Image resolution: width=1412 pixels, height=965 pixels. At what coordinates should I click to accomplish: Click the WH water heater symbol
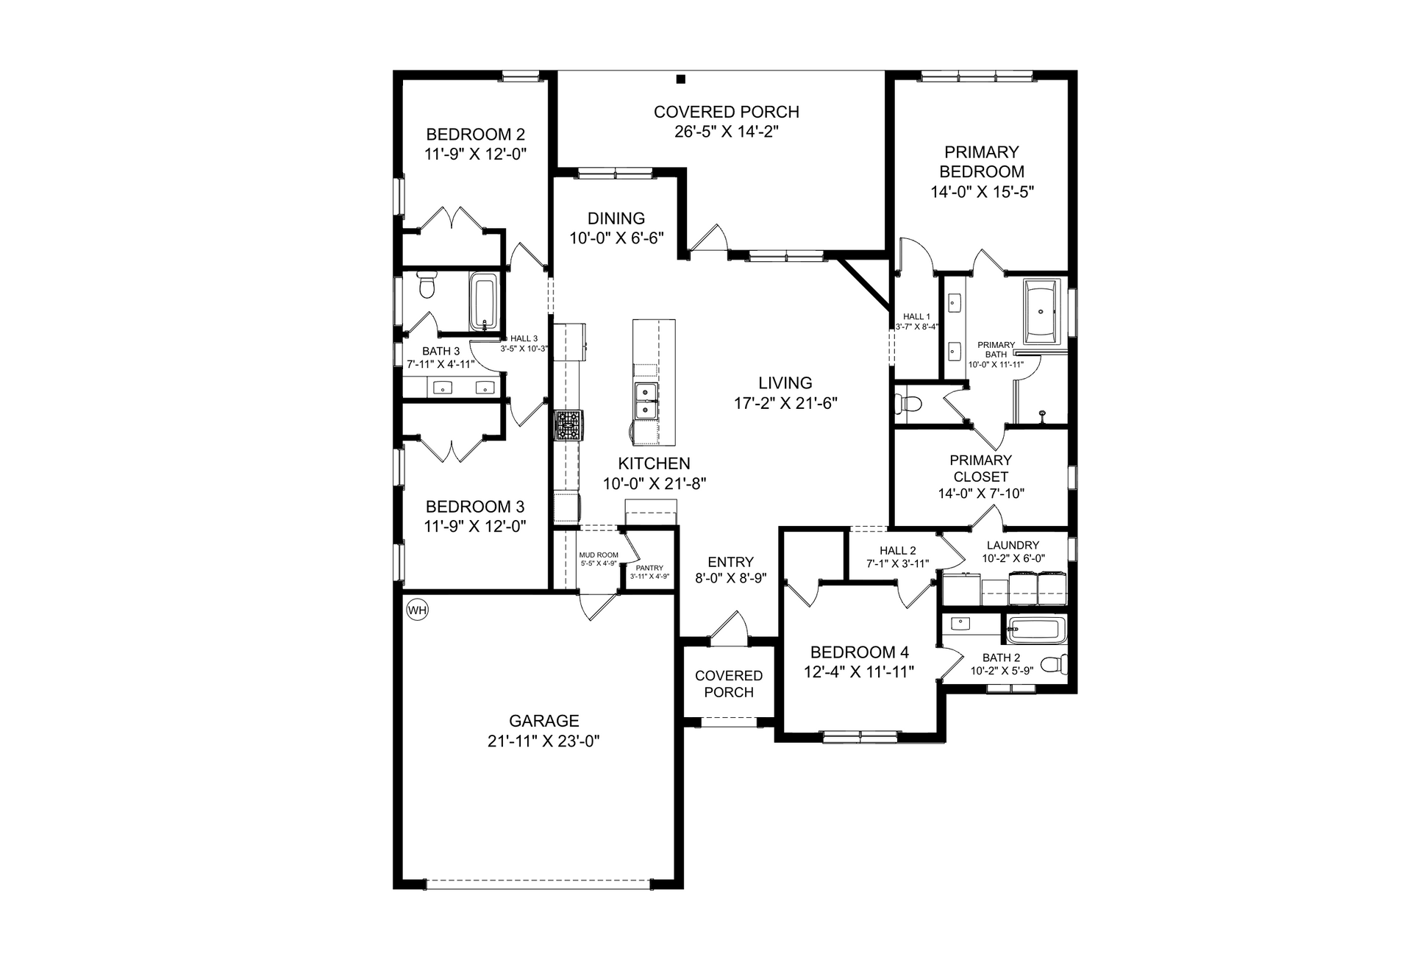(417, 609)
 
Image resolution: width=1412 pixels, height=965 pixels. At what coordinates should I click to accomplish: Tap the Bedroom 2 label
(476, 135)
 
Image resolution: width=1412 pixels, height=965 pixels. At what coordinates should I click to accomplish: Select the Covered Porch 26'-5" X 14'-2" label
(727, 121)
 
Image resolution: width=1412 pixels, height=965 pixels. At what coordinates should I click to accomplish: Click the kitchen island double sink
(645, 400)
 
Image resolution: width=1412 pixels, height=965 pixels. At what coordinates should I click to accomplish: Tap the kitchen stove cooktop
(568, 425)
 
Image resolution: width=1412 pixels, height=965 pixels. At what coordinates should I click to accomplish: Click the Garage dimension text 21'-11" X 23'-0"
(544, 741)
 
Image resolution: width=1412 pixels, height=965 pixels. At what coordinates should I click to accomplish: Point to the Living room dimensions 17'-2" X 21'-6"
(786, 403)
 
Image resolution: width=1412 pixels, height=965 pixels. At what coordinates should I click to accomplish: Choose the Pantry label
(649, 568)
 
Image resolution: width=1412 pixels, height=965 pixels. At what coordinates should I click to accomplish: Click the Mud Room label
(599, 555)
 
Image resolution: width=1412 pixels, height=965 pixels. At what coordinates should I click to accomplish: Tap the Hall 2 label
(898, 551)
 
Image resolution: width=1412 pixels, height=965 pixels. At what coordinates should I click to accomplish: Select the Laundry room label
(1013, 545)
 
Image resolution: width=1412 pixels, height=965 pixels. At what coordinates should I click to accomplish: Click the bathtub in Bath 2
(1035, 630)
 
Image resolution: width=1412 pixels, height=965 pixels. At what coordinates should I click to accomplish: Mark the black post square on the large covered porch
(681, 79)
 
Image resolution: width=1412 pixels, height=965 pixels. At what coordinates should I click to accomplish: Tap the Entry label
(730, 562)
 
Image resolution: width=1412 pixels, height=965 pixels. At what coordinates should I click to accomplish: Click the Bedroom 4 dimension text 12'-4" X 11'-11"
(859, 672)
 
